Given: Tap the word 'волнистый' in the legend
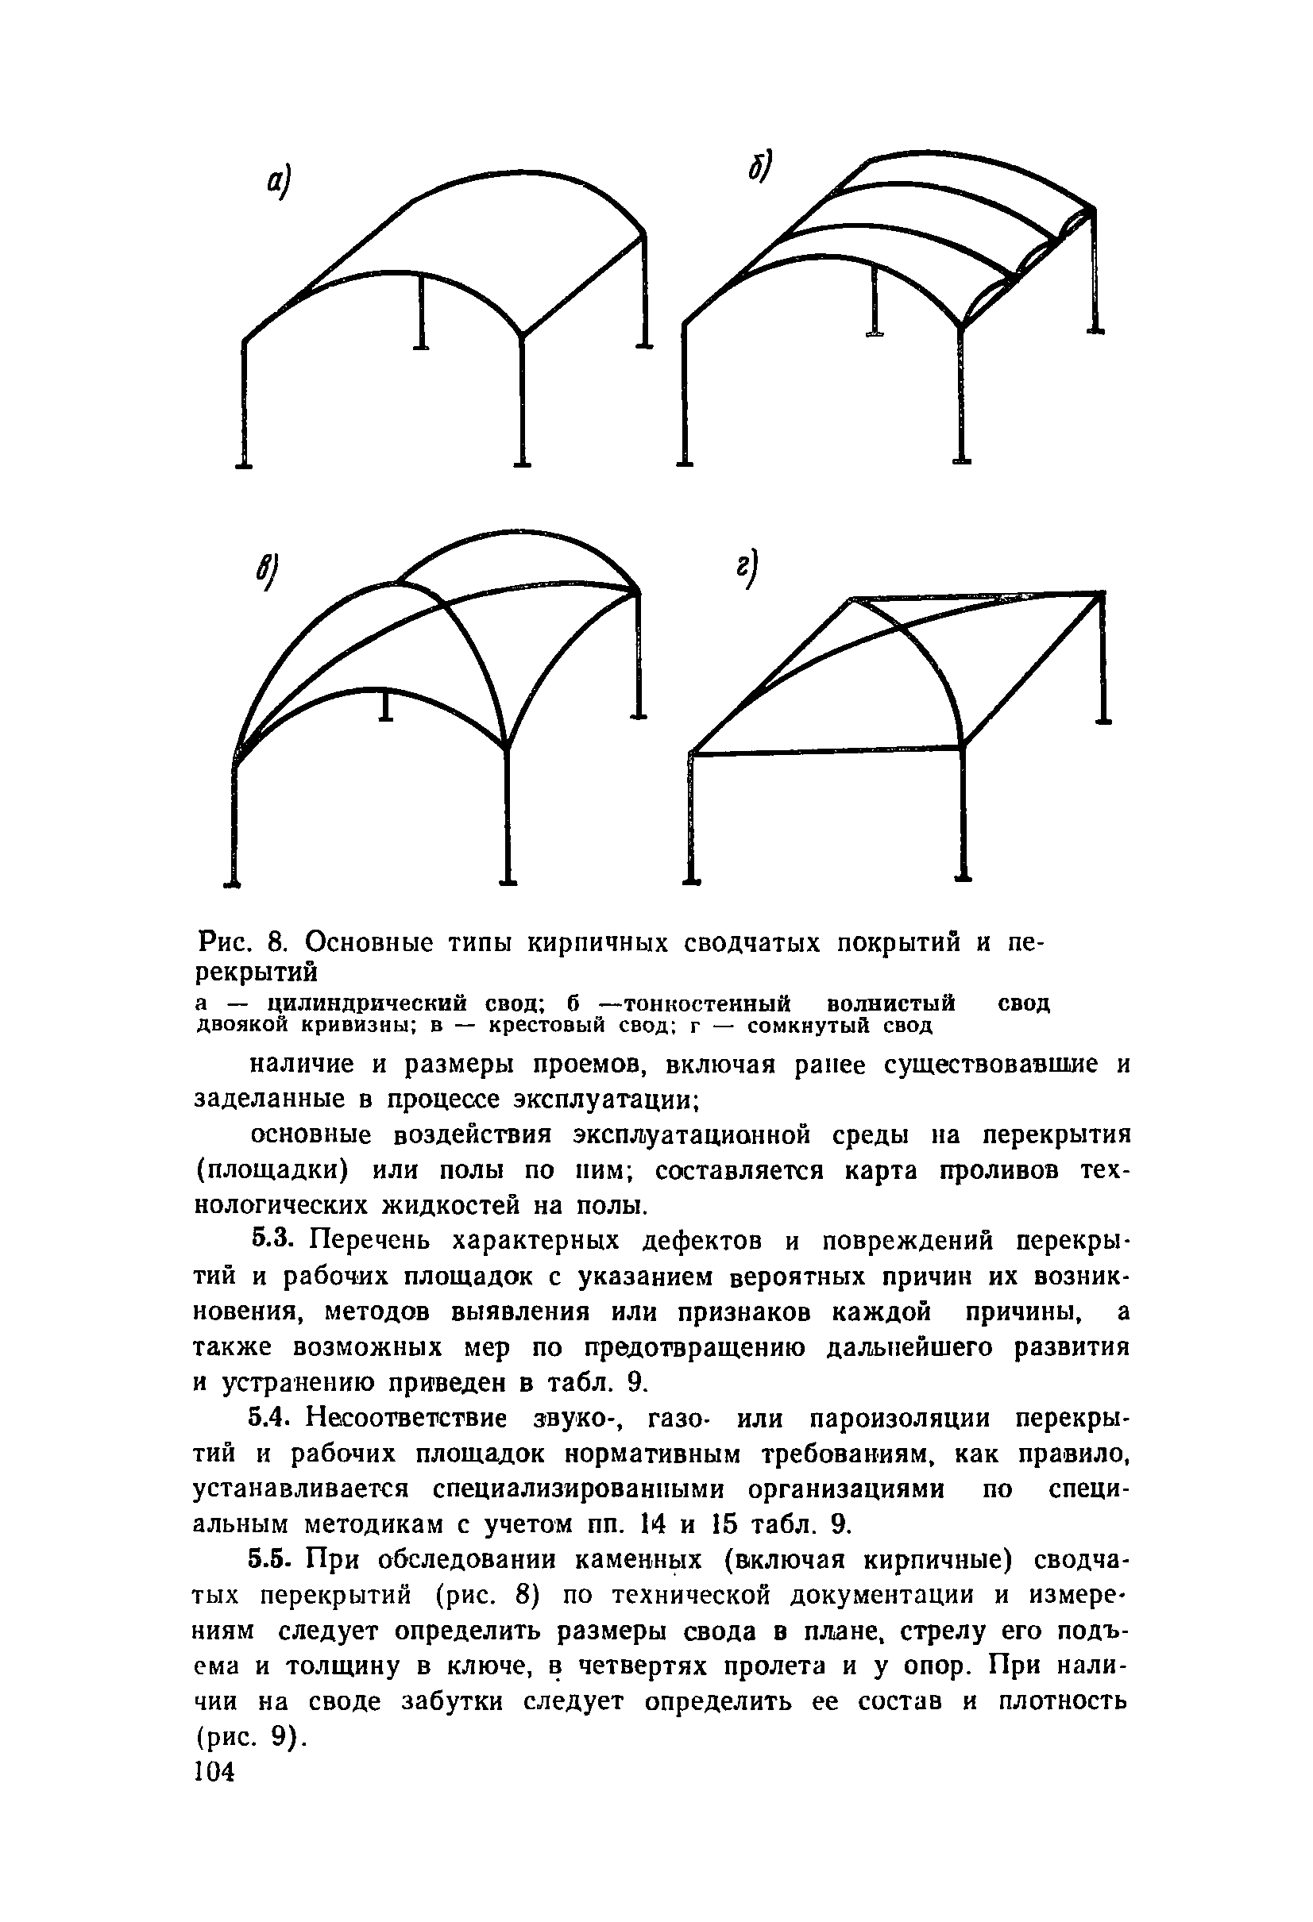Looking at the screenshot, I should point(891,1004).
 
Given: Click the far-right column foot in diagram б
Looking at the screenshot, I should point(1095,331).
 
